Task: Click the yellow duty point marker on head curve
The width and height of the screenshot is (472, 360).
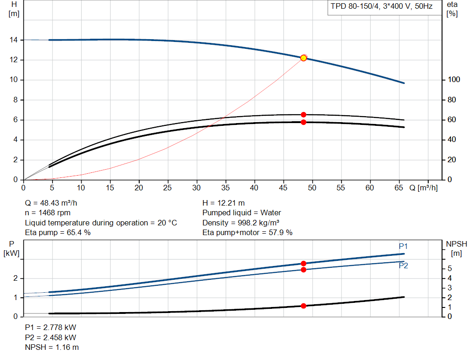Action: coord(303,58)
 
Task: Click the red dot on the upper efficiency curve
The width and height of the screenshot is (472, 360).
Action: coord(303,115)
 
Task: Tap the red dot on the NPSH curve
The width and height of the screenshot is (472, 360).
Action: coord(303,306)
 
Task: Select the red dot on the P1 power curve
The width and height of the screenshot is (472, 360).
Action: coord(303,263)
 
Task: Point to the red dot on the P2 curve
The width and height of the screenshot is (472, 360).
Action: coord(303,270)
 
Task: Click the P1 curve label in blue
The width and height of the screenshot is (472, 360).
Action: coord(403,246)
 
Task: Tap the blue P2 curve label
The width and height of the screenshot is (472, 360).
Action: coord(403,266)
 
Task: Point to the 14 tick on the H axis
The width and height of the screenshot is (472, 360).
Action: coord(13,40)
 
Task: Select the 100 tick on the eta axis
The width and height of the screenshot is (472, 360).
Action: coord(454,79)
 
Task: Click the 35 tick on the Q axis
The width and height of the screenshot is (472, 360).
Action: coord(225,188)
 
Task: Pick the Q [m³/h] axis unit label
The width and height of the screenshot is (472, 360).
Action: coord(424,188)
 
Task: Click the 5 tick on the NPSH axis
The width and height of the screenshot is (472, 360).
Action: coord(450,268)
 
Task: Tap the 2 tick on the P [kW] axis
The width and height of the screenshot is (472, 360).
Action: coord(15,278)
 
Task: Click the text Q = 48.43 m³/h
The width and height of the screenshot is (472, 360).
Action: coord(51,203)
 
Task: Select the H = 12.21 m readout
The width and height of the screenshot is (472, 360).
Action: coord(224,203)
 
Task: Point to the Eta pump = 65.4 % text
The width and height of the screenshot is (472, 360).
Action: coord(58,232)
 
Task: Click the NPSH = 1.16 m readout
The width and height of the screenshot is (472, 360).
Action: coord(52,347)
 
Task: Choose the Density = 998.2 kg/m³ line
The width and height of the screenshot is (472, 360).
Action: coord(241,223)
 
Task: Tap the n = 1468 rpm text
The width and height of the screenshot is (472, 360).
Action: coord(47,213)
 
